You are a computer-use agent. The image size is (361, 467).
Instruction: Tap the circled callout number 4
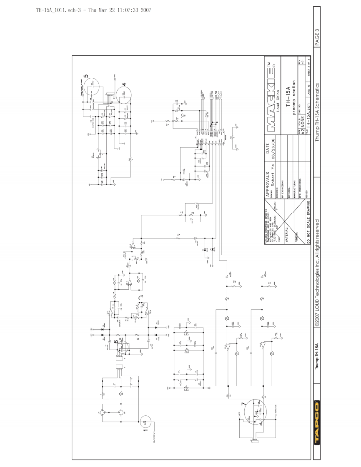tap(124, 84)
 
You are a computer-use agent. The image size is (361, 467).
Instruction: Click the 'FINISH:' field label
tap(297, 244)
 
